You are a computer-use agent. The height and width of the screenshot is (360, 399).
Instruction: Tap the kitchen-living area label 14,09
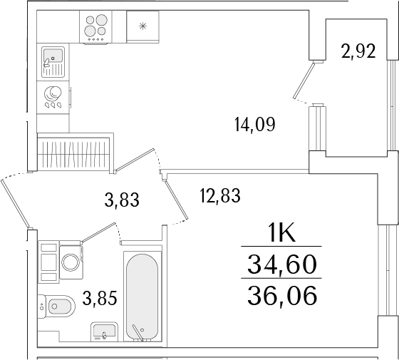pyautogui.click(x=254, y=125)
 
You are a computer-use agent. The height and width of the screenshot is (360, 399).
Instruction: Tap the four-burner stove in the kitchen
pyautogui.click(x=98, y=28)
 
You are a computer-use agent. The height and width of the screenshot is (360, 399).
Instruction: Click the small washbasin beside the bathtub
pyautogui.click(x=103, y=332)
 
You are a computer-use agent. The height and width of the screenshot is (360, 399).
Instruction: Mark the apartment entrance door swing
pyautogui.click(x=16, y=200)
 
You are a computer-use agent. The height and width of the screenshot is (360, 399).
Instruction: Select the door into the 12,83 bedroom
pyautogui.click(x=178, y=200)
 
